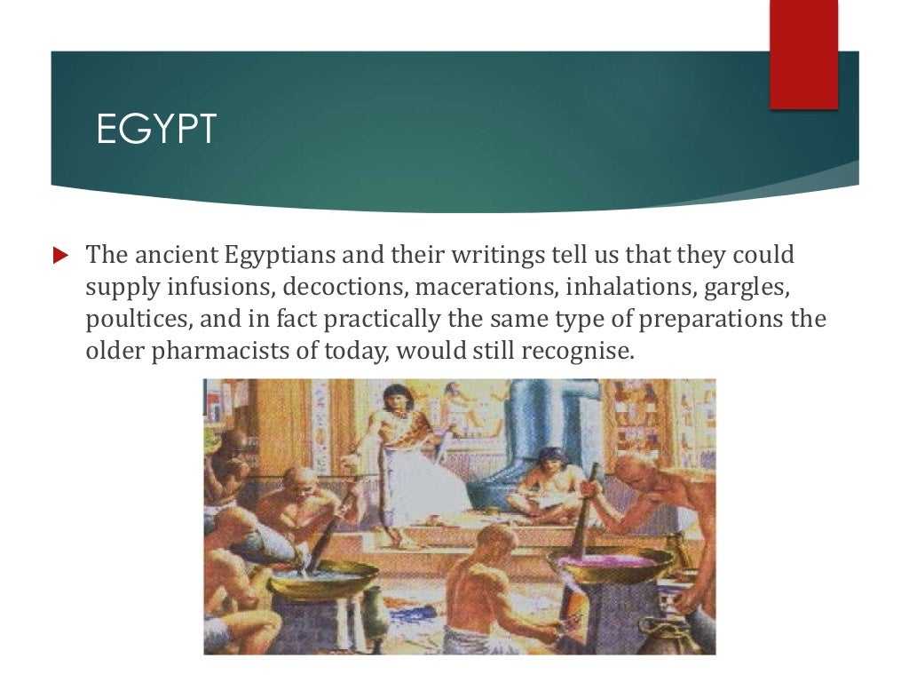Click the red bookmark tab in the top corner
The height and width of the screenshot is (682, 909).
click(x=802, y=55)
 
